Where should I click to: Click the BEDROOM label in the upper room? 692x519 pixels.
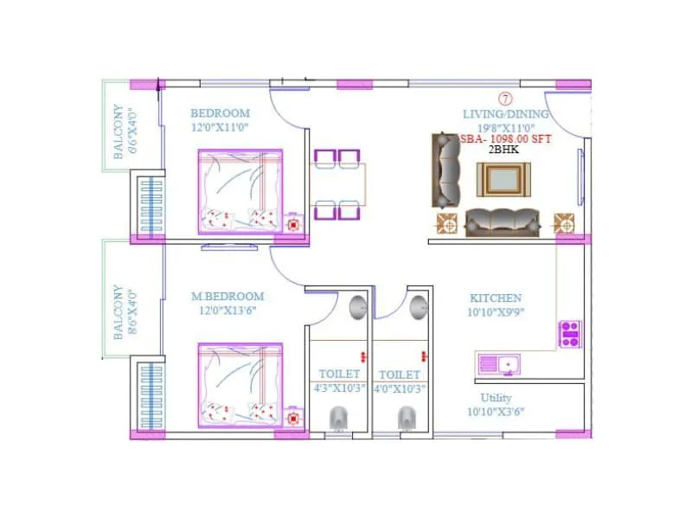coord(220,113)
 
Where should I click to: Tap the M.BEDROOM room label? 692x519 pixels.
coord(227,297)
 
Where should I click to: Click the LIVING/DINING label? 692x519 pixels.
coord(505,114)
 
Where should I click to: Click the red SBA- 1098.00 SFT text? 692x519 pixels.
coord(505,138)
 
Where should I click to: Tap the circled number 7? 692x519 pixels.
coord(505,99)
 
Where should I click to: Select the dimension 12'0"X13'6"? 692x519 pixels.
coord(227,310)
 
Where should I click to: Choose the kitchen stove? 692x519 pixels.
coord(569,333)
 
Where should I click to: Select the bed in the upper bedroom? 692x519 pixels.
coord(240,191)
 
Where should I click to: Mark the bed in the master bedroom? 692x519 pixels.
coord(240,385)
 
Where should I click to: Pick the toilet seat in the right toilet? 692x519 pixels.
coord(406,419)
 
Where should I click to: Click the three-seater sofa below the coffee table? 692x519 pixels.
coord(503,222)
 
